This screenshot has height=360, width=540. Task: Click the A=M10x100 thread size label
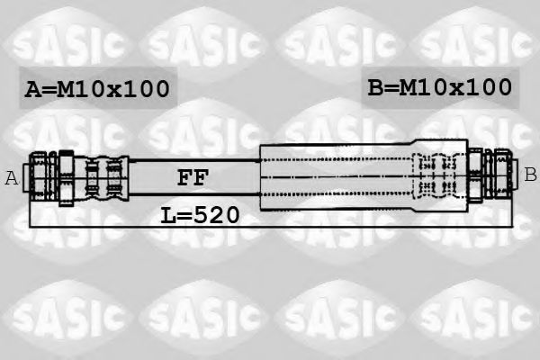[96, 89]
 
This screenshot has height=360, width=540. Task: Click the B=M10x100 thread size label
[439, 87]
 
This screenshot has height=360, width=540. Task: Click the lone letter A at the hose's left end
[12, 178]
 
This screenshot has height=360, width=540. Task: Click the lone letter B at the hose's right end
[530, 174]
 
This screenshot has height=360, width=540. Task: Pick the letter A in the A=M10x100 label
[33, 89]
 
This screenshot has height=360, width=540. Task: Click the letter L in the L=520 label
[168, 215]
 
